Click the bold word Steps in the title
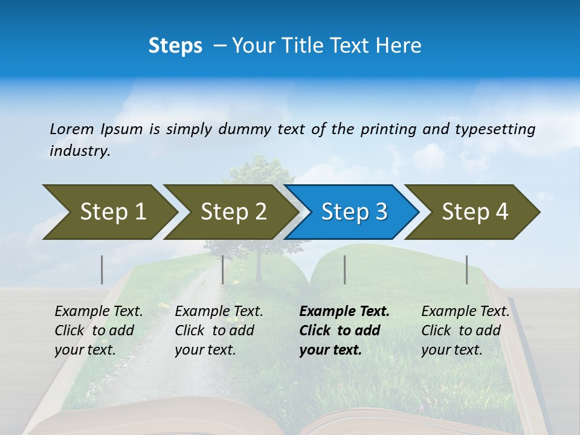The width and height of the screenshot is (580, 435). [x=175, y=46]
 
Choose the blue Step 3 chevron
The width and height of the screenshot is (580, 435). [x=354, y=211]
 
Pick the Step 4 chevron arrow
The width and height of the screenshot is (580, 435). [x=475, y=211]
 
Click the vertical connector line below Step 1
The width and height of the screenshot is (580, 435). [x=102, y=269]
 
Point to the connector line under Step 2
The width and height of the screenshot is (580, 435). [x=223, y=269]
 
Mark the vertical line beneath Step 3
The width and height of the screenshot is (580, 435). [x=345, y=269]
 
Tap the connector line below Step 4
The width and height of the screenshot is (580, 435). [x=467, y=269]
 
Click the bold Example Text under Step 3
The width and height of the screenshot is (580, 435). [x=344, y=312]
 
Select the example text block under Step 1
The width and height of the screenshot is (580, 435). [x=98, y=330]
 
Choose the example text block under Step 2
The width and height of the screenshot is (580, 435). [x=219, y=330]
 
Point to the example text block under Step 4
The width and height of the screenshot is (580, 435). [x=465, y=330]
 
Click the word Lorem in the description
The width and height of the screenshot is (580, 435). [x=72, y=129]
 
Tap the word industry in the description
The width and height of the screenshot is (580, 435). [x=80, y=151]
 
